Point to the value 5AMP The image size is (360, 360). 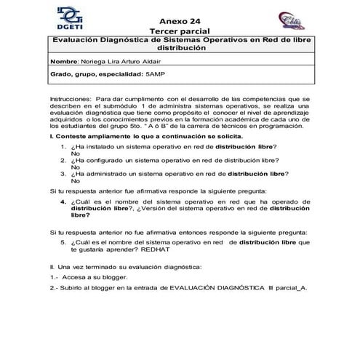coord(155,74)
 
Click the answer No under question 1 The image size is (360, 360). coord(75,153)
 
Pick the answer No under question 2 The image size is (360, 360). coord(75,167)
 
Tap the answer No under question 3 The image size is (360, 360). coord(75,180)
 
